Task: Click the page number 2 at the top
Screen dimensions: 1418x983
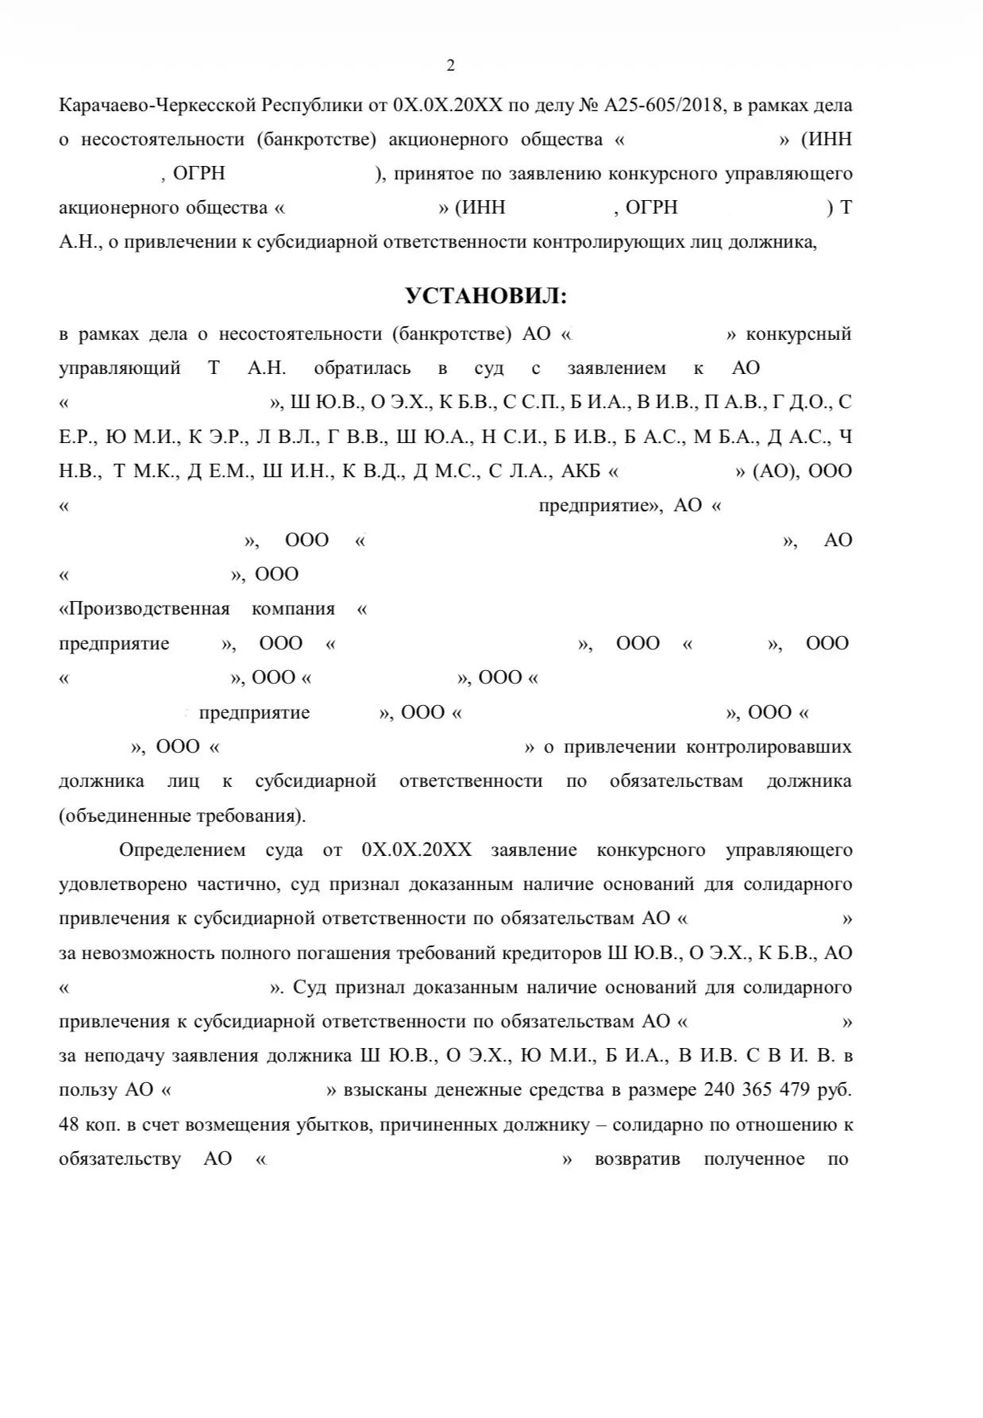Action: [451, 66]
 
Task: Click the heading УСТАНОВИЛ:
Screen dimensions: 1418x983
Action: [487, 296]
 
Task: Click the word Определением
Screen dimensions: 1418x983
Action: [183, 850]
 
